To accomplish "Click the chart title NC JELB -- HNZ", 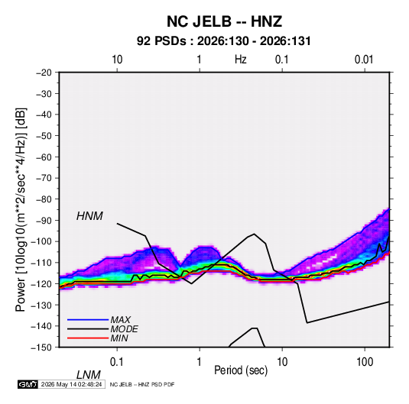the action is pos(224,21).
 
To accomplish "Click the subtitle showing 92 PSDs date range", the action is pos(224,41).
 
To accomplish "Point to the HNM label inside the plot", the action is pos(89,216).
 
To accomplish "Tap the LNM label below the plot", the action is pos(89,375).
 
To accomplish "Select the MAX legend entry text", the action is pos(121,320).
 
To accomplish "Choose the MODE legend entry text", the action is pos(124,329).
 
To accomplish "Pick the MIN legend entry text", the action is pos(119,338).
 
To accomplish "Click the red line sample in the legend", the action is pos(88,338).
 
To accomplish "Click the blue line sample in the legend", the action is pos(88,319).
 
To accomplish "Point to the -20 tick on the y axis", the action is pos(44,73).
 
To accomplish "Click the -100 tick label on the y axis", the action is pos(41,241).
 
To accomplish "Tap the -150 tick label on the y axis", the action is pos(41,347).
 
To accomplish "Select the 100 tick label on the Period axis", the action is pos(365,362).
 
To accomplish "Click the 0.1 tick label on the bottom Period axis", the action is pos(117,362).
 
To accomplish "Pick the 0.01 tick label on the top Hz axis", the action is pos(364,60).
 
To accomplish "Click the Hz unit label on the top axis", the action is pos(241,60).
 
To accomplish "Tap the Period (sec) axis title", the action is pos(241,370).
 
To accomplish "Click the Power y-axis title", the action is pos(21,210).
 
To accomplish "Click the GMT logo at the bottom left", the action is pos(28,384).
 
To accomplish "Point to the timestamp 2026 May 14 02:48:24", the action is pos(71,384).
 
